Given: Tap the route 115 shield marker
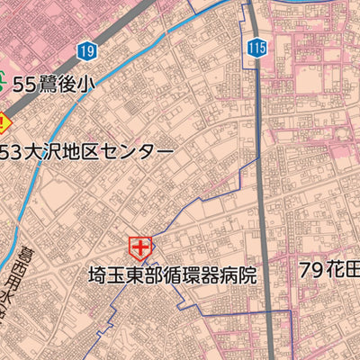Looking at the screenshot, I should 258,48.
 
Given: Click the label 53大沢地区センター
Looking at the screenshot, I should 87,151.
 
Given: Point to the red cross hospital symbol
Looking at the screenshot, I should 139,247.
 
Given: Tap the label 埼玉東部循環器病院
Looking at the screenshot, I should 172,275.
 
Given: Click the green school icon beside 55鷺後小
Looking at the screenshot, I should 4,84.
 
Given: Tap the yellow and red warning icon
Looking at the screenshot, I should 4,121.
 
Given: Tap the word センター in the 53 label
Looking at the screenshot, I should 143,151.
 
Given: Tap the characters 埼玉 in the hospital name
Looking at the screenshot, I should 104,275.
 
